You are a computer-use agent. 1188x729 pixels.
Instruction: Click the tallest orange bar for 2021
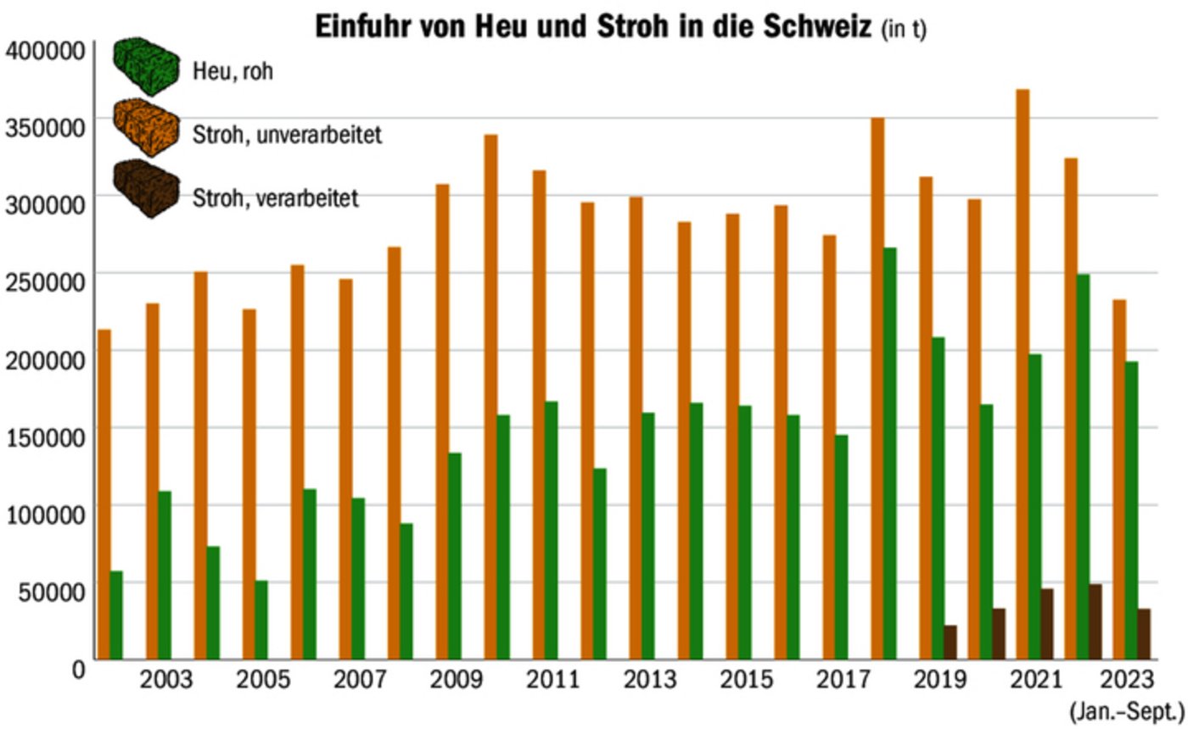(1023, 374)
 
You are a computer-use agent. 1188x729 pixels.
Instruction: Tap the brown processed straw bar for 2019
(950, 643)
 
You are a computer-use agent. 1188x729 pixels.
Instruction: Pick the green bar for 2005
(261, 620)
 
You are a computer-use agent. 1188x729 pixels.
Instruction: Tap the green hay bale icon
(147, 65)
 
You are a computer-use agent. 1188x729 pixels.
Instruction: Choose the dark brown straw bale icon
(147, 189)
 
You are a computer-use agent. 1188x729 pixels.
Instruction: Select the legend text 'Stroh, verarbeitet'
(276, 198)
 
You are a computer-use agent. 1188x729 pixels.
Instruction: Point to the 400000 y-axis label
(46, 52)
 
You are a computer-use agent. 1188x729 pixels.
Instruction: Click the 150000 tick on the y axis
(46, 437)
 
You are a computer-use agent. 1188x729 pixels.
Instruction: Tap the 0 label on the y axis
(78, 670)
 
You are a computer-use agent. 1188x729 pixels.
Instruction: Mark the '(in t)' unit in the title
(905, 30)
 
